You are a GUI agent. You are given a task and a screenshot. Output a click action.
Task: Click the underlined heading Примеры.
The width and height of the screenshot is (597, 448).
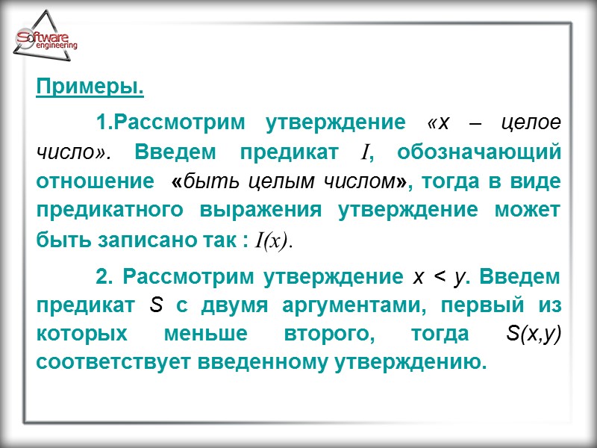(x=90, y=88)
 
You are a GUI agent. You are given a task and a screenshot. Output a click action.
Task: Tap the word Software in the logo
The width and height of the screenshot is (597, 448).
(x=43, y=37)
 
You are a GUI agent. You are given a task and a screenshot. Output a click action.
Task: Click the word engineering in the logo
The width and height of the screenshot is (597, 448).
(x=55, y=46)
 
